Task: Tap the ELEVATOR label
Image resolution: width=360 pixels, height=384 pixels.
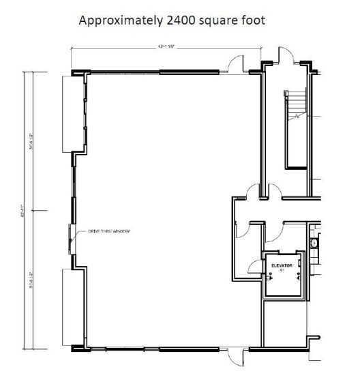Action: pyautogui.click(x=282, y=265)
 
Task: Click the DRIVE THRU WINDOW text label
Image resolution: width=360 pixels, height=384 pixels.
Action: pyautogui.click(x=108, y=232)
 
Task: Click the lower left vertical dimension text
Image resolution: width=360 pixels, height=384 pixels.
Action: pyautogui.click(x=41, y=279)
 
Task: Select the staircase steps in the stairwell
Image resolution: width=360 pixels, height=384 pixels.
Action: pyautogui.click(x=297, y=105)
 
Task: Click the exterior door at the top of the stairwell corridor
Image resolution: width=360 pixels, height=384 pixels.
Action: pyautogui.click(x=284, y=57)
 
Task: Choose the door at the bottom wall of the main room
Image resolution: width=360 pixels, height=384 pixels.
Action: pyautogui.click(x=234, y=355)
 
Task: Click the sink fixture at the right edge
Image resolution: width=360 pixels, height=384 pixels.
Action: pyautogui.click(x=315, y=242)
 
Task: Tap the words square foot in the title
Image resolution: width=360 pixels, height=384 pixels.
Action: pyautogui.click(x=232, y=20)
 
